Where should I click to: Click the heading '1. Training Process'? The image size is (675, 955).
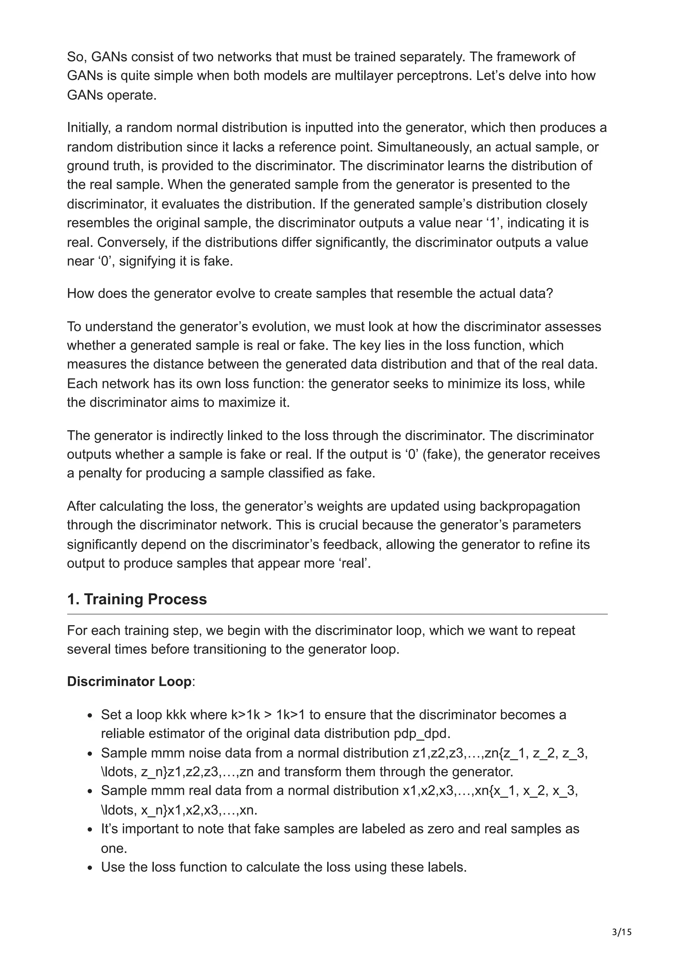(x=137, y=599)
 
